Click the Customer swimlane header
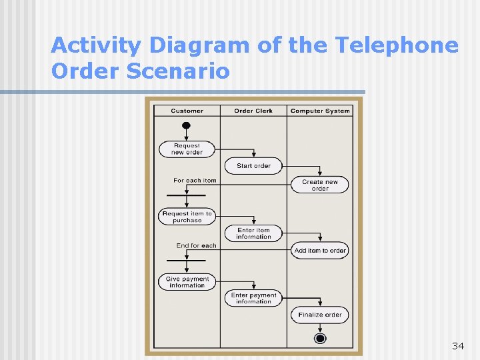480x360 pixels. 187,111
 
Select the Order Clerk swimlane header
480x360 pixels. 253,111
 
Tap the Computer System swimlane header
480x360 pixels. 320,111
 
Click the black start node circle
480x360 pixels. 187,125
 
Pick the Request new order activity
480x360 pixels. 187,149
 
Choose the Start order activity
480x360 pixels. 253,165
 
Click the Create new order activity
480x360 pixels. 320,185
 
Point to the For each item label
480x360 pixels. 195,180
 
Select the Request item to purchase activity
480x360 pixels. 187,217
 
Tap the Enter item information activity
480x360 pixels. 253,233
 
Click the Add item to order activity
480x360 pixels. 320,251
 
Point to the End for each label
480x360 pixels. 196,245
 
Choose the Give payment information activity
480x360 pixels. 187,282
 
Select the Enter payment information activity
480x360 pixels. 253,298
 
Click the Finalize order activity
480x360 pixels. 320,315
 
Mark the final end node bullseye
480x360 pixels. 320,339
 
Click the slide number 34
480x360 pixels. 457,345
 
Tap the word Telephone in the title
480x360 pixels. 397,45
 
